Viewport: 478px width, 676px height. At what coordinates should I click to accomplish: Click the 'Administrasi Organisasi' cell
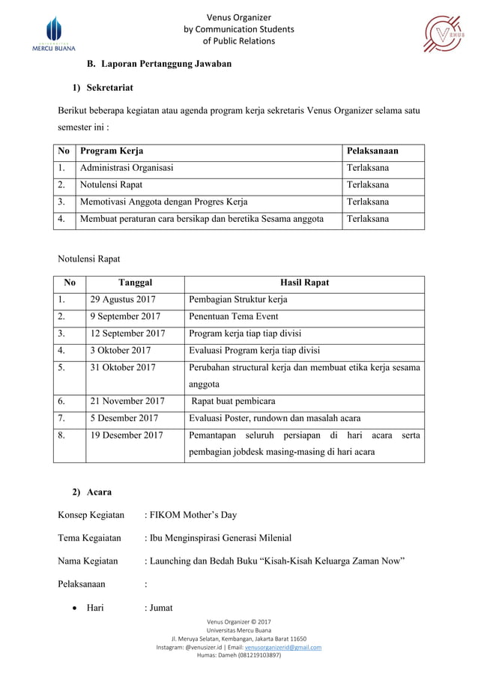click(127, 168)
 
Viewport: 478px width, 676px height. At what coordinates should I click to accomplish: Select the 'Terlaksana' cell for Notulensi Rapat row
click(367, 185)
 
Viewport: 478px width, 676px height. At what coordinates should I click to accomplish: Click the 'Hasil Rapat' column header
click(303, 283)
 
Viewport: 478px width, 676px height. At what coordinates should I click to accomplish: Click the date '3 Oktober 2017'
click(120, 350)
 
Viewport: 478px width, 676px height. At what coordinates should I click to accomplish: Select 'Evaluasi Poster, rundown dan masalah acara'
click(275, 418)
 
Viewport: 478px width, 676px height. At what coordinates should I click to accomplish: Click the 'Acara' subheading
click(99, 492)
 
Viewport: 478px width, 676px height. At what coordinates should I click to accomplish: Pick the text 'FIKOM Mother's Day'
click(193, 515)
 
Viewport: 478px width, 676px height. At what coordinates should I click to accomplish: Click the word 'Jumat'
click(160, 608)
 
